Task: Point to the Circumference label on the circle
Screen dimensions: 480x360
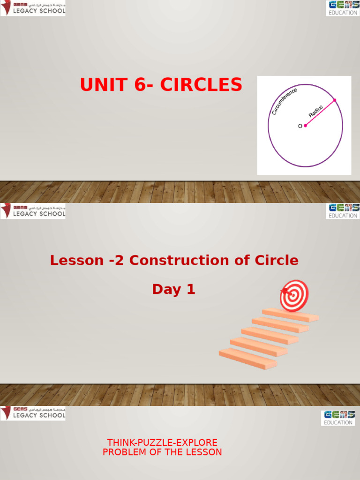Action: point(284,100)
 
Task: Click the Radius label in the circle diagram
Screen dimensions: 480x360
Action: point(316,111)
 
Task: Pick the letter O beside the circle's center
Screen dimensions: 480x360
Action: point(300,126)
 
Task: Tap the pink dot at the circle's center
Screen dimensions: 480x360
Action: point(305,126)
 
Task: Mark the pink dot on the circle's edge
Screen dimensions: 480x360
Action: point(334,100)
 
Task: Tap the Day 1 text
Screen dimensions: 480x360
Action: point(173,290)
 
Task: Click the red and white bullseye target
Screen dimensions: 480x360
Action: point(294,295)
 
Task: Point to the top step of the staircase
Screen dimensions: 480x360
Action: point(291,314)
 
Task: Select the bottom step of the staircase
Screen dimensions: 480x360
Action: point(247,358)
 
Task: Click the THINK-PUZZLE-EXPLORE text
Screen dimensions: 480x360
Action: point(162,442)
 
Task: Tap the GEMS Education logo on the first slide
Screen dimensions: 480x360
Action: point(343,8)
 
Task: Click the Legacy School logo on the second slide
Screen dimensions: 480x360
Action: point(33,211)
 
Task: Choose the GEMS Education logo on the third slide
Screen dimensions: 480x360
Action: point(337,418)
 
